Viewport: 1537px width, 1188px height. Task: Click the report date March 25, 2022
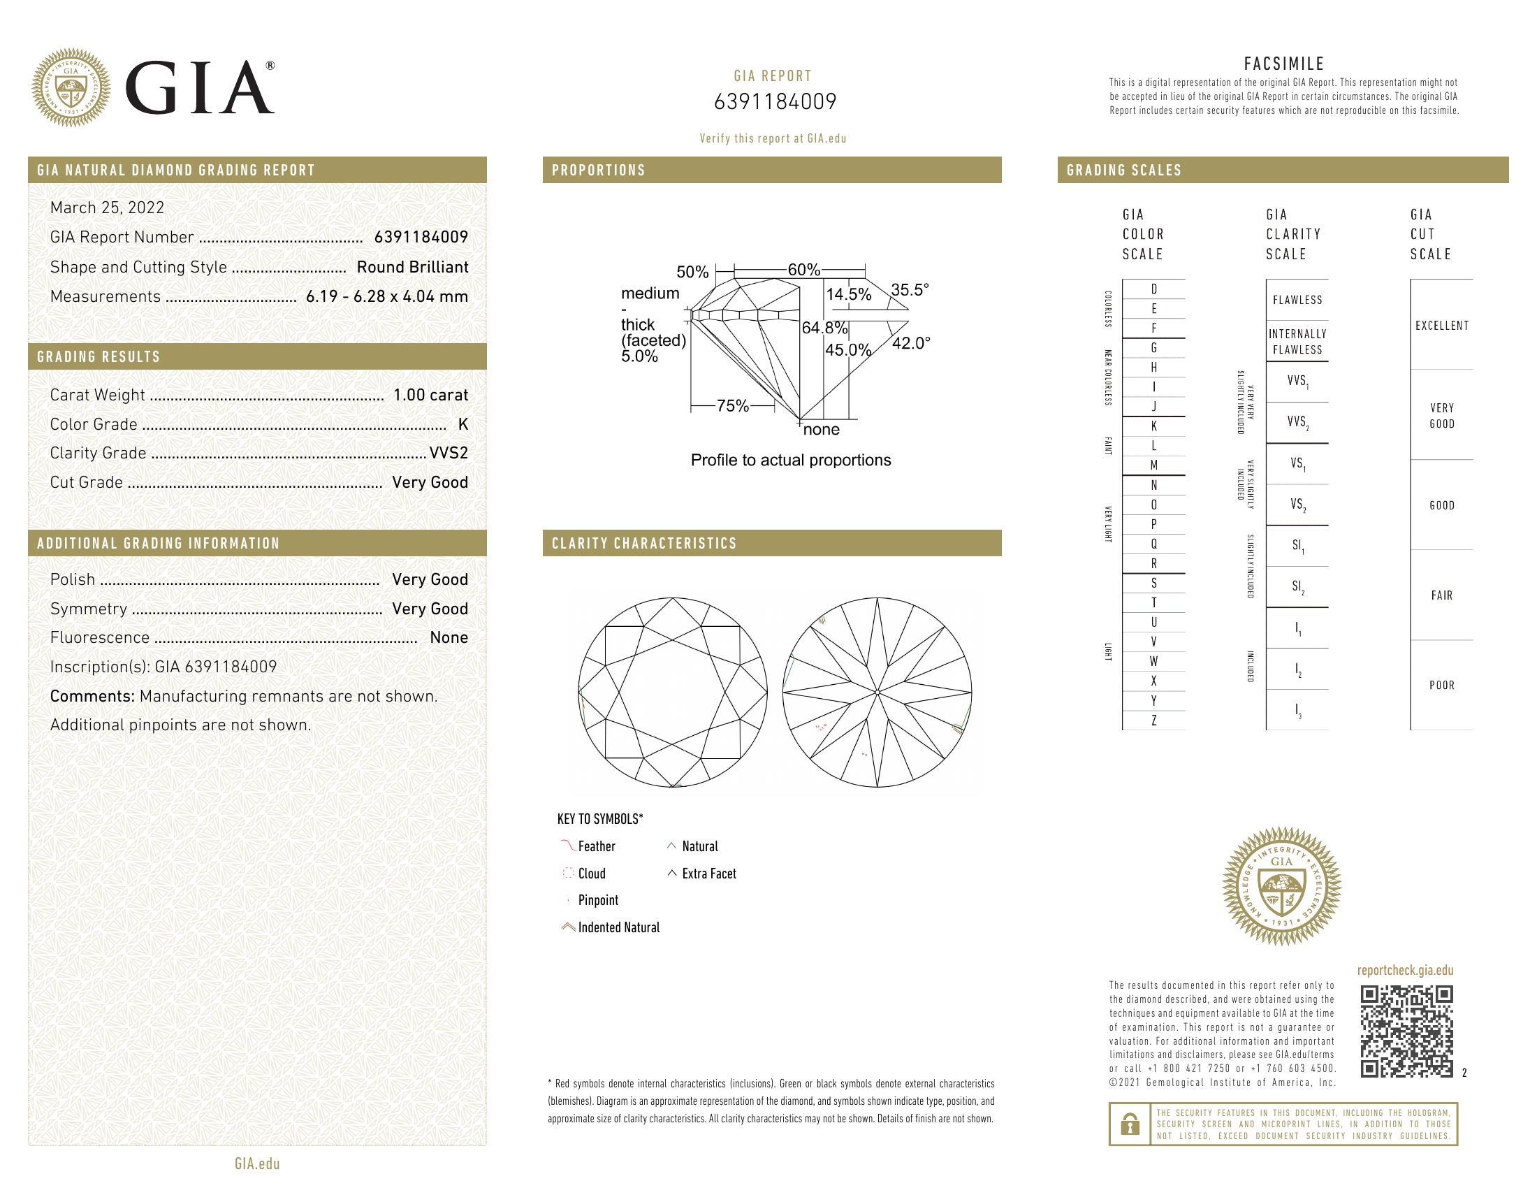click(x=107, y=208)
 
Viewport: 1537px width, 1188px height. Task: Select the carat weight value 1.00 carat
click(x=430, y=395)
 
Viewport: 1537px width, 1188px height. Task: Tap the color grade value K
click(x=462, y=424)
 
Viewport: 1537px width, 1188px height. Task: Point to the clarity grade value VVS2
click(x=449, y=454)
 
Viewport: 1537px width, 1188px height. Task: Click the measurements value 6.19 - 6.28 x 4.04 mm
click(x=386, y=296)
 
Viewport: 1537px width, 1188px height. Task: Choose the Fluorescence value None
click(x=449, y=637)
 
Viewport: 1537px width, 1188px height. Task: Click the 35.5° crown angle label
click(x=909, y=290)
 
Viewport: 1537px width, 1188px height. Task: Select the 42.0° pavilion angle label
click(x=910, y=343)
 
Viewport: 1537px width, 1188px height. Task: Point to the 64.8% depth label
click(x=824, y=328)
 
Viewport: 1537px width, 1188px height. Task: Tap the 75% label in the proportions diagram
click(x=732, y=406)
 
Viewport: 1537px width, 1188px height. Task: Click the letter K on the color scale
click(x=1153, y=426)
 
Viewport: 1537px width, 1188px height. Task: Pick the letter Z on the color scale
click(x=1153, y=720)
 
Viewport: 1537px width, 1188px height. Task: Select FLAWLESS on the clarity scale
click(x=1297, y=300)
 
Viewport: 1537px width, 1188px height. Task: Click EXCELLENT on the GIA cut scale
click(x=1441, y=326)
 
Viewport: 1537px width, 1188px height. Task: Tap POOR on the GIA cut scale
click(x=1441, y=686)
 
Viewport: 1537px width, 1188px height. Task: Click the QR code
click(x=1406, y=1031)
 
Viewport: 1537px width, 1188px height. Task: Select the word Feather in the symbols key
click(x=596, y=847)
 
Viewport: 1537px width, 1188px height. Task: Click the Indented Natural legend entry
click(x=618, y=927)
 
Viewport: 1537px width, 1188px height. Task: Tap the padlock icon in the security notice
click(x=1130, y=1124)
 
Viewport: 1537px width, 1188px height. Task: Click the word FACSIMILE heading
click(x=1283, y=64)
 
